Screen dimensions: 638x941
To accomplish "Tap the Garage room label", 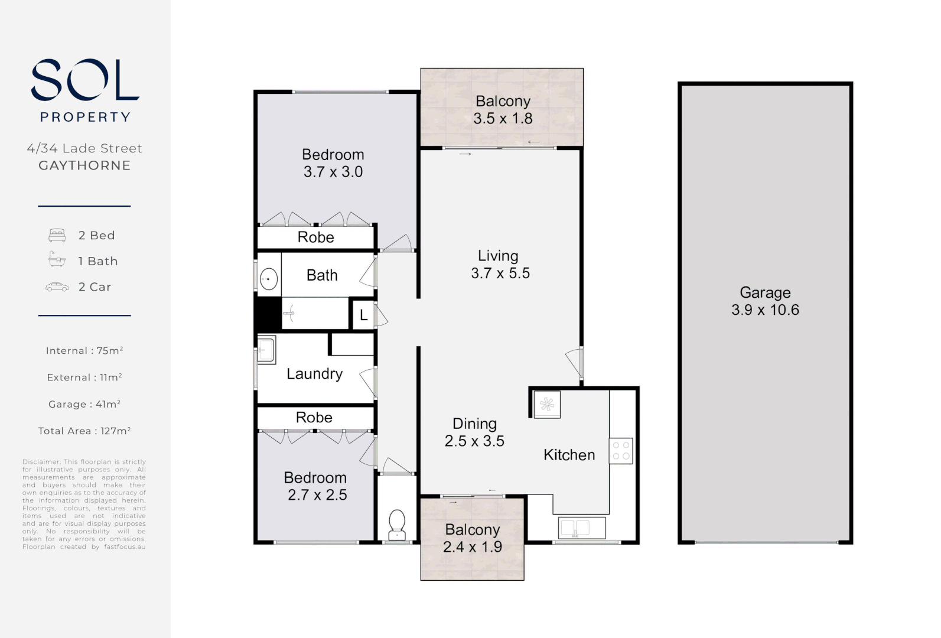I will coord(765,301).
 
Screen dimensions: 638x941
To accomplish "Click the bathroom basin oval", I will coord(269,278).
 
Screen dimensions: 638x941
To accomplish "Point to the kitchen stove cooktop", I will coord(621,450).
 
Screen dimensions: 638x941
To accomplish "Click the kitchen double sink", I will coord(582,528).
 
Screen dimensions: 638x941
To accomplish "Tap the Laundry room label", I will coord(314,374).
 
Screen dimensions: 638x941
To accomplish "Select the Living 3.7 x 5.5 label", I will coord(500,265).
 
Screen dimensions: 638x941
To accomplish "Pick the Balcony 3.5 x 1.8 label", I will coord(503,110).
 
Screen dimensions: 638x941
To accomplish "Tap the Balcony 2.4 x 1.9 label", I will coord(473,538).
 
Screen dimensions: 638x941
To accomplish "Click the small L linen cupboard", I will coord(363,315).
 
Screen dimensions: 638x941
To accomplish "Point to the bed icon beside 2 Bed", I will coord(57,235).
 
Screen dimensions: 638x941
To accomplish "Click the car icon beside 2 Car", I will coord(57,287).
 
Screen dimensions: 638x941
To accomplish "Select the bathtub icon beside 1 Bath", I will coord(57,260).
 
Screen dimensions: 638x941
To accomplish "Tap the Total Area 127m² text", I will coord(84,431).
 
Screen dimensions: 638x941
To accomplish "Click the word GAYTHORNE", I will coord(84,165).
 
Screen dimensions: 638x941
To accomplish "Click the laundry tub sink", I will coord(266,349).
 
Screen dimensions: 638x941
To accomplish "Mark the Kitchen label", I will coord(569,455).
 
